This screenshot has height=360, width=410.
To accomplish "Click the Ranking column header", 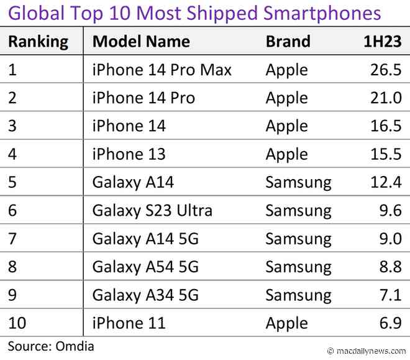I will [38, 42].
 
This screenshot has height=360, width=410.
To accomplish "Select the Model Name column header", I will [141, 42].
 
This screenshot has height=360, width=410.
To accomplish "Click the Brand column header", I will [288, 42].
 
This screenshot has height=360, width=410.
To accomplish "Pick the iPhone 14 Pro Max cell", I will [162, 70].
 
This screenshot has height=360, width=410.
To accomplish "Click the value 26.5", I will [386, 70].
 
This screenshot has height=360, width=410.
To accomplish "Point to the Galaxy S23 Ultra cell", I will [152, 211].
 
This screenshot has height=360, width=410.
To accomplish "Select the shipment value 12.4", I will [386, 183].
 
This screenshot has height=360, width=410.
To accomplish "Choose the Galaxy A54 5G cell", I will [145, 267].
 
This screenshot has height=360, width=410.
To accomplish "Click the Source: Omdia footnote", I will [51, 346].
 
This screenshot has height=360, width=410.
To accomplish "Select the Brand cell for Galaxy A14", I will [298, 183].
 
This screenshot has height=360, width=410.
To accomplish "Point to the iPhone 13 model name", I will [129, 155].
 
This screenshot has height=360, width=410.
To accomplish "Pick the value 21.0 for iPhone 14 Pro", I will [386, 98].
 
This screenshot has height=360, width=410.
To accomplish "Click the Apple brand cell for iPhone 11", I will [286, 323].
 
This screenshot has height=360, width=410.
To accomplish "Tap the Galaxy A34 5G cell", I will [145, 295].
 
